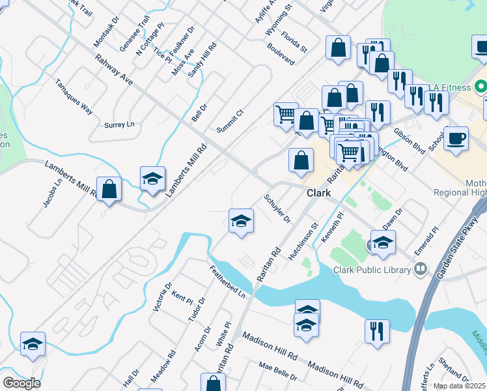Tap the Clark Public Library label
coord(372,270)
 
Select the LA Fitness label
coord(450,87)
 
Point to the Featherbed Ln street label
coord(227,282)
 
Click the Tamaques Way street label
coord(74,96)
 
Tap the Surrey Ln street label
coord(119,124)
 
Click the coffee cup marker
coord(456,138)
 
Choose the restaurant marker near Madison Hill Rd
coord(377,330)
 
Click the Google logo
coord(21,383)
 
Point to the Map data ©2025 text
coord(460,386)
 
